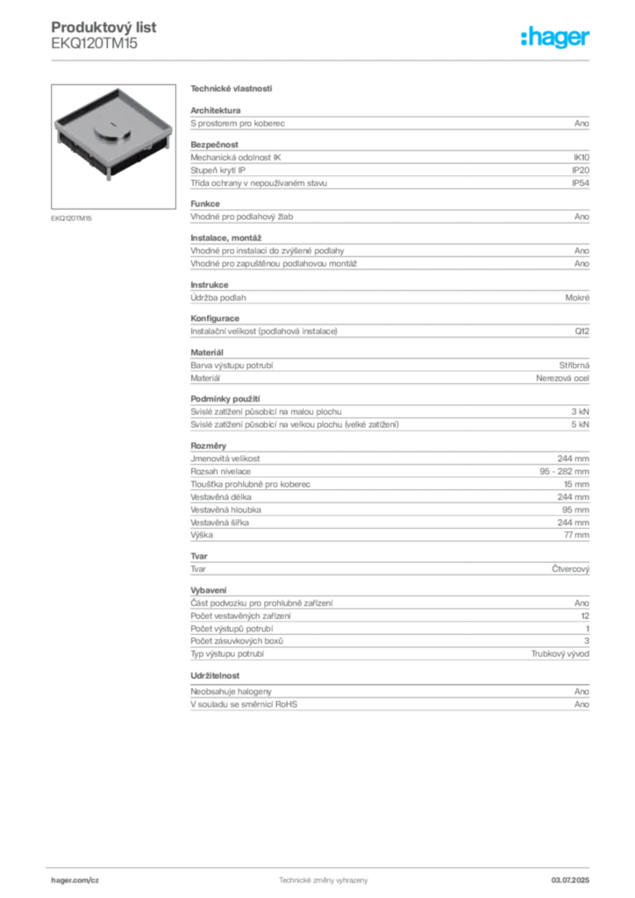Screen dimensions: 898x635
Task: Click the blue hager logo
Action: click(556, 39)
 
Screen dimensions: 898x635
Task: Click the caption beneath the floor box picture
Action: click(73, 217)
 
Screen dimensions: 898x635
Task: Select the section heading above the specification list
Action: click(232, 89)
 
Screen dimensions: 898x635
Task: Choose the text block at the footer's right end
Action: click(577, 878)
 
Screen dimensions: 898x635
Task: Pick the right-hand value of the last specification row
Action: click(581, 704)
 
